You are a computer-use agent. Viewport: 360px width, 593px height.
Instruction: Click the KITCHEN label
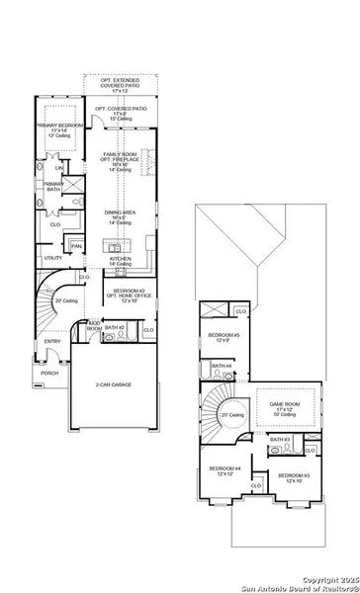(121, 258)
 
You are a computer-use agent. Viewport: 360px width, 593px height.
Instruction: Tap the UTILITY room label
(52, 258)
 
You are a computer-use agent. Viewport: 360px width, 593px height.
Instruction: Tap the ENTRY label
(51, 342)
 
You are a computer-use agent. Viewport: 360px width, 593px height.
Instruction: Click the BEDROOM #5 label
(222, 336)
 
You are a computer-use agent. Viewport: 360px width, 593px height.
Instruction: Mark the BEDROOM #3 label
(294, 477)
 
